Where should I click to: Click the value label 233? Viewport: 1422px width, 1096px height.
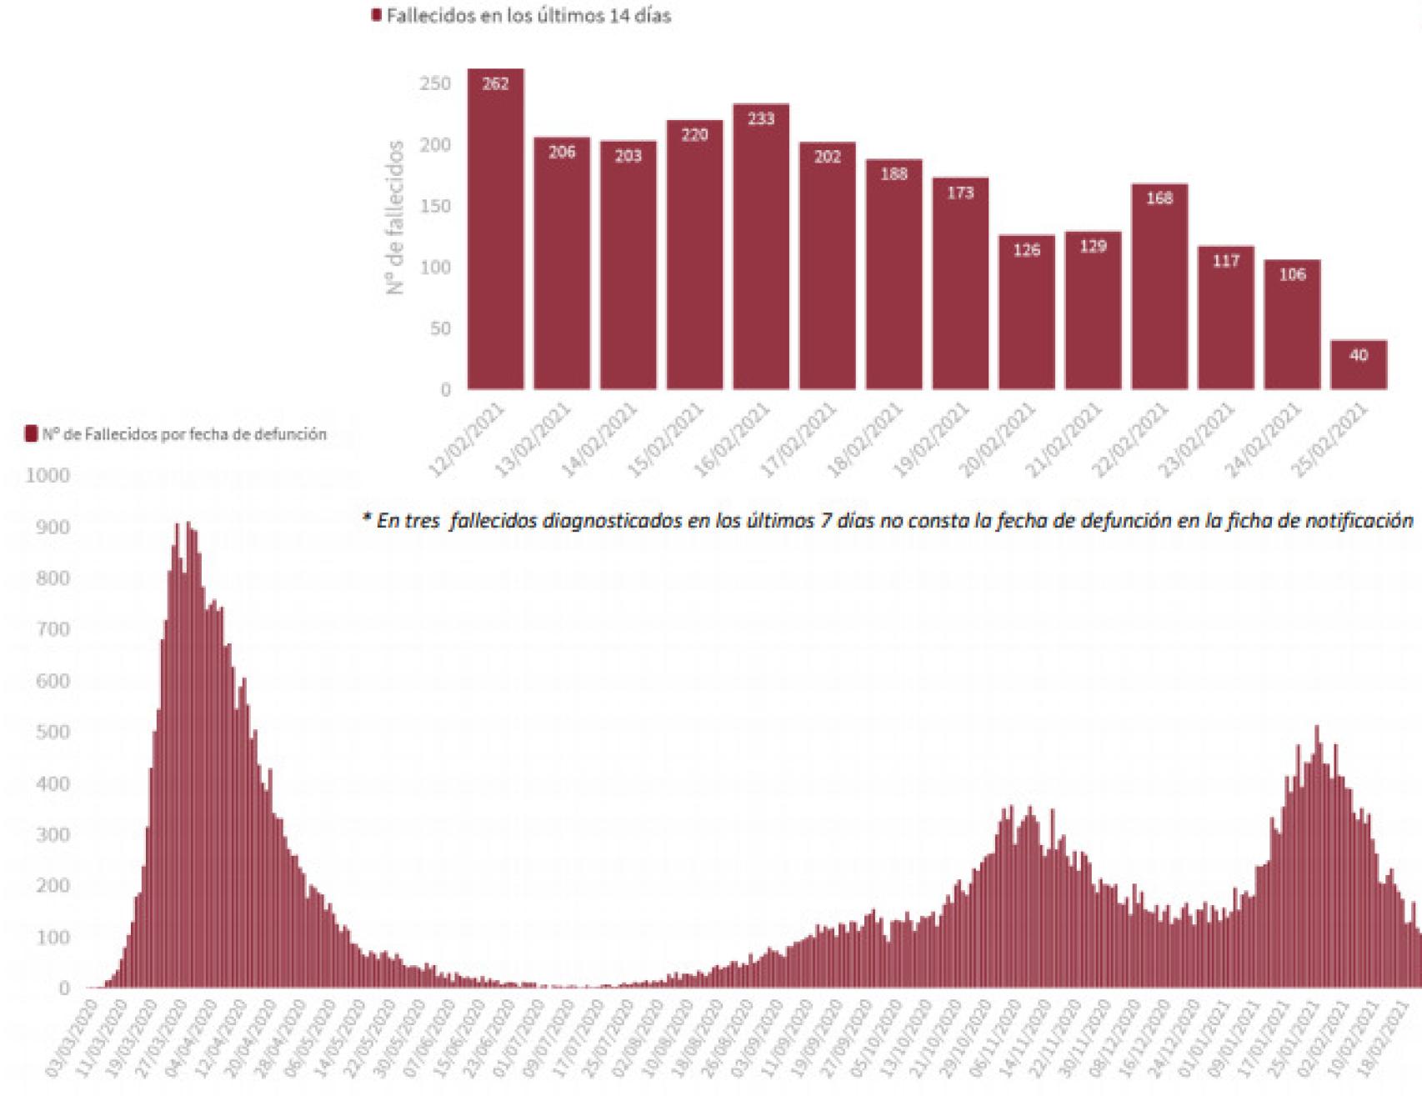[x=760, y=118]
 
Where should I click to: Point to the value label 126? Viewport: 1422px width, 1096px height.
[x=1026, y=249]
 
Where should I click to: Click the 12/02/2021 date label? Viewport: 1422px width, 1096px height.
[x=468, y=440]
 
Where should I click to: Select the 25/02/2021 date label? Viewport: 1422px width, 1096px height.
[x=1331, y=440]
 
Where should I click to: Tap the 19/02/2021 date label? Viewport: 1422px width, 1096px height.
[x=933, y=440]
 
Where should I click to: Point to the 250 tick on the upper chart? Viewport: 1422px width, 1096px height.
[x=435, y=83]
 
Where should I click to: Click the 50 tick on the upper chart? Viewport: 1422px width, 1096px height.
[x=440, y=328]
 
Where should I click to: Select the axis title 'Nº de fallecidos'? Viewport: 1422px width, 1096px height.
[x=396, y=217]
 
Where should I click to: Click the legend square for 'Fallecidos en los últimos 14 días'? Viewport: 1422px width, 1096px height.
[x=376, y=16]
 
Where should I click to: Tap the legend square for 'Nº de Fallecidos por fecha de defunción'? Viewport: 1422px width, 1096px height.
[x=32, y=433]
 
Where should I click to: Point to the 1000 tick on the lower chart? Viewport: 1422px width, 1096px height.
[x=48, y=475]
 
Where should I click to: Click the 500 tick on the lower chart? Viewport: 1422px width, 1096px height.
[x=53, y=732]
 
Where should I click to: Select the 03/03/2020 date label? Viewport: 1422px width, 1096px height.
[x=73, y=1038]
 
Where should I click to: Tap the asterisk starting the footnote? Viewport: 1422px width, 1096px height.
[x=366, y=518]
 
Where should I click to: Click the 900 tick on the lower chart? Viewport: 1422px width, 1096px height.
[x=53, y=527]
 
